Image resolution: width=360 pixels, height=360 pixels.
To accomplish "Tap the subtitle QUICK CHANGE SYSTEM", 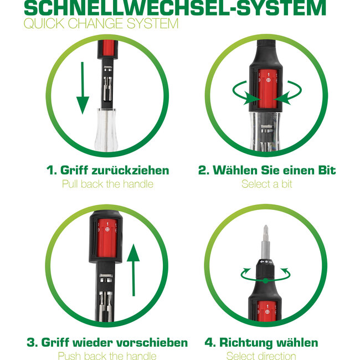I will tap(101, 24).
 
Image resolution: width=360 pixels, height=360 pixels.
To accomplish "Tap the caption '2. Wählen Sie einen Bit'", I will tap(266, 170).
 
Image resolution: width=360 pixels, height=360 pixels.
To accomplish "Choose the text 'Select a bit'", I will tap(266, 184).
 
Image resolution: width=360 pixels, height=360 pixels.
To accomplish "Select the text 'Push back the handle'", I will tap(107, 356).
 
